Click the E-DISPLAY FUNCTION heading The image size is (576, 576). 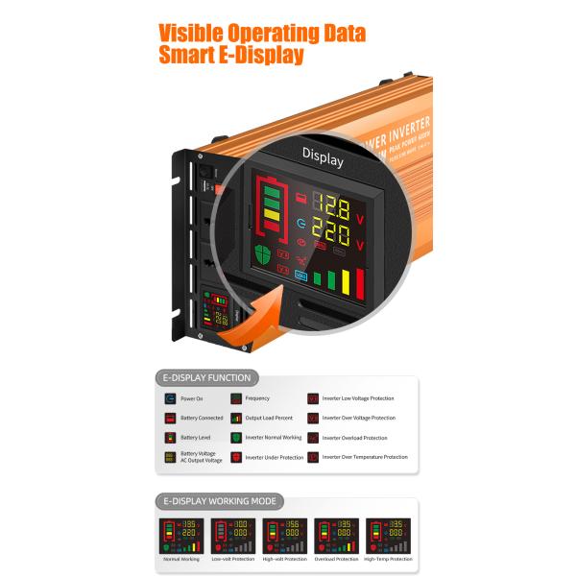pyautogui.click(x=206, y=377)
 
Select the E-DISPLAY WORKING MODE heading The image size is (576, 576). pyautogui.click(x=219, y=500)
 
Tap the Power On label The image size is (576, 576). pyautogui.click(x=191, y=398)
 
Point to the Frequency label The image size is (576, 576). pyautogui.click(x=257, y=398)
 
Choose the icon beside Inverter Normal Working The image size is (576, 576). pyautogui.click(x=235, y=438)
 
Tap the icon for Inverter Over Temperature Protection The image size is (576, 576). pyautogui.click(x=313, y=458)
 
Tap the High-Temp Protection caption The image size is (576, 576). pyautogui.click(x=387, y=560)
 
